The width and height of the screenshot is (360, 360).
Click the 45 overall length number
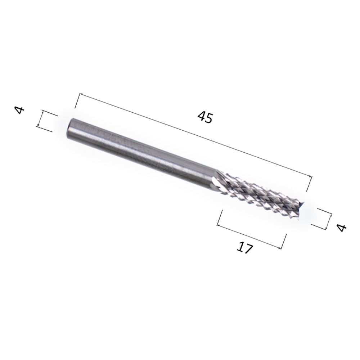tap(205, 117)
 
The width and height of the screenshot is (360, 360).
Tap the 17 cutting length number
tap(245, 248)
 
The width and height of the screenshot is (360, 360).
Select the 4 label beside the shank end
tap(19, 110)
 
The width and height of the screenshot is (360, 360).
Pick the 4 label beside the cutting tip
tap(341, 228)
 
